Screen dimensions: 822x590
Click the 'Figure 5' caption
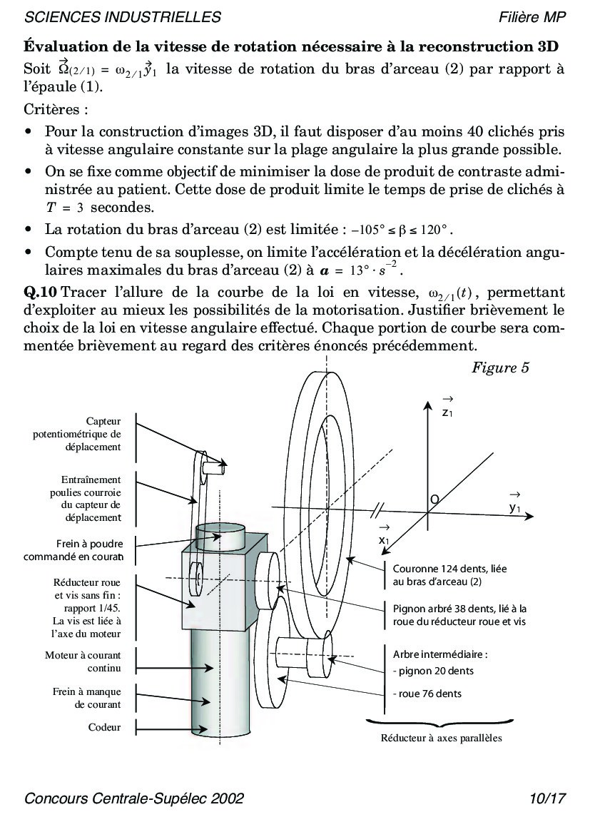[500, 368]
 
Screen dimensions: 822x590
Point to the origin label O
[434, 498]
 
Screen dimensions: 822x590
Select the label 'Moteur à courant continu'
[83, 661]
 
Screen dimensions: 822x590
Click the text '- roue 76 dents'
[427, 693]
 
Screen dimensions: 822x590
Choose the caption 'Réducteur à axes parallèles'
[441, 738]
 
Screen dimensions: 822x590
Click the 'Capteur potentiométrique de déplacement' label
[77, 434]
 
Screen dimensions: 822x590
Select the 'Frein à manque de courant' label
[86, 698]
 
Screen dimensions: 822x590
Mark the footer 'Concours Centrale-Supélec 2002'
[134, 798]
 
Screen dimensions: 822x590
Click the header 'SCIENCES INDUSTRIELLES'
[123, 17]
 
